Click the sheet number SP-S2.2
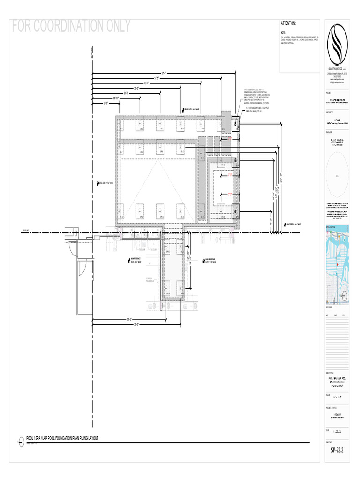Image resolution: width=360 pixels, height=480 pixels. coord(337,451)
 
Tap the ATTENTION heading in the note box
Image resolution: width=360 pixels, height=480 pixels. coord(288,23)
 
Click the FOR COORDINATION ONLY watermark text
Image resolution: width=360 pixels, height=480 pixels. coord(71,26)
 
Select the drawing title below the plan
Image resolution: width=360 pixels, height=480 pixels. coord(62,438)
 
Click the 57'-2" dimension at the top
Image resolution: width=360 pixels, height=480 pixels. coord(164,73)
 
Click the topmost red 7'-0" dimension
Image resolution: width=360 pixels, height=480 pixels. coord(230,139)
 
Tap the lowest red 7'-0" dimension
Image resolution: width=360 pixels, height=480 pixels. coord(230,194)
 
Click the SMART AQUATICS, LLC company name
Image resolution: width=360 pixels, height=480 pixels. coord(337,68)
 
